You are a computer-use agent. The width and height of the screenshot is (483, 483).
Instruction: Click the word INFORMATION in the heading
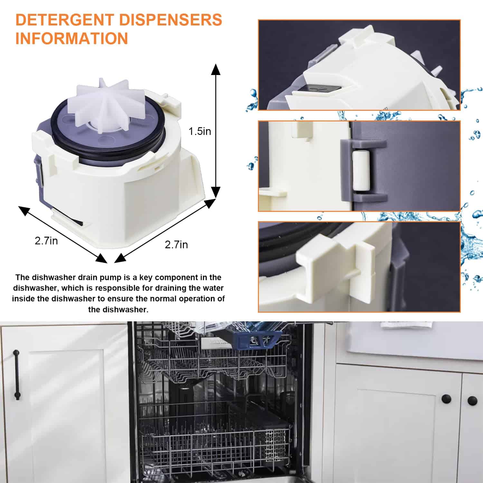pyautogui.click(x=72, y=38)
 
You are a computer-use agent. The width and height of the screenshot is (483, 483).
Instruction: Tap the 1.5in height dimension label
pyautogui.click(x=200, y=131)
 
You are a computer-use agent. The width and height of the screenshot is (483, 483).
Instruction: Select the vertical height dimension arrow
pyautogui.click(x=216, y=131)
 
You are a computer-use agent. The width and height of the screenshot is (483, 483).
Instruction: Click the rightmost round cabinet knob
pyautogui.click(x=472, y=401)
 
